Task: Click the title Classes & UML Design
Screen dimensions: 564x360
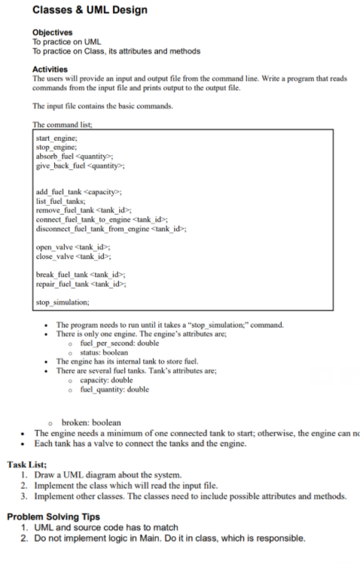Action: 90,10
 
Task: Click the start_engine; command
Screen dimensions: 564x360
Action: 56,139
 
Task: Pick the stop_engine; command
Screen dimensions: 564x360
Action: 56,147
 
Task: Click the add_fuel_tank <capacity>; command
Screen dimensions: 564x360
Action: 79,192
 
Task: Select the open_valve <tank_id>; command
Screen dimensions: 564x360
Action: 73,247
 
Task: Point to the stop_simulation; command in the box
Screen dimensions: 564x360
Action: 62,301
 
